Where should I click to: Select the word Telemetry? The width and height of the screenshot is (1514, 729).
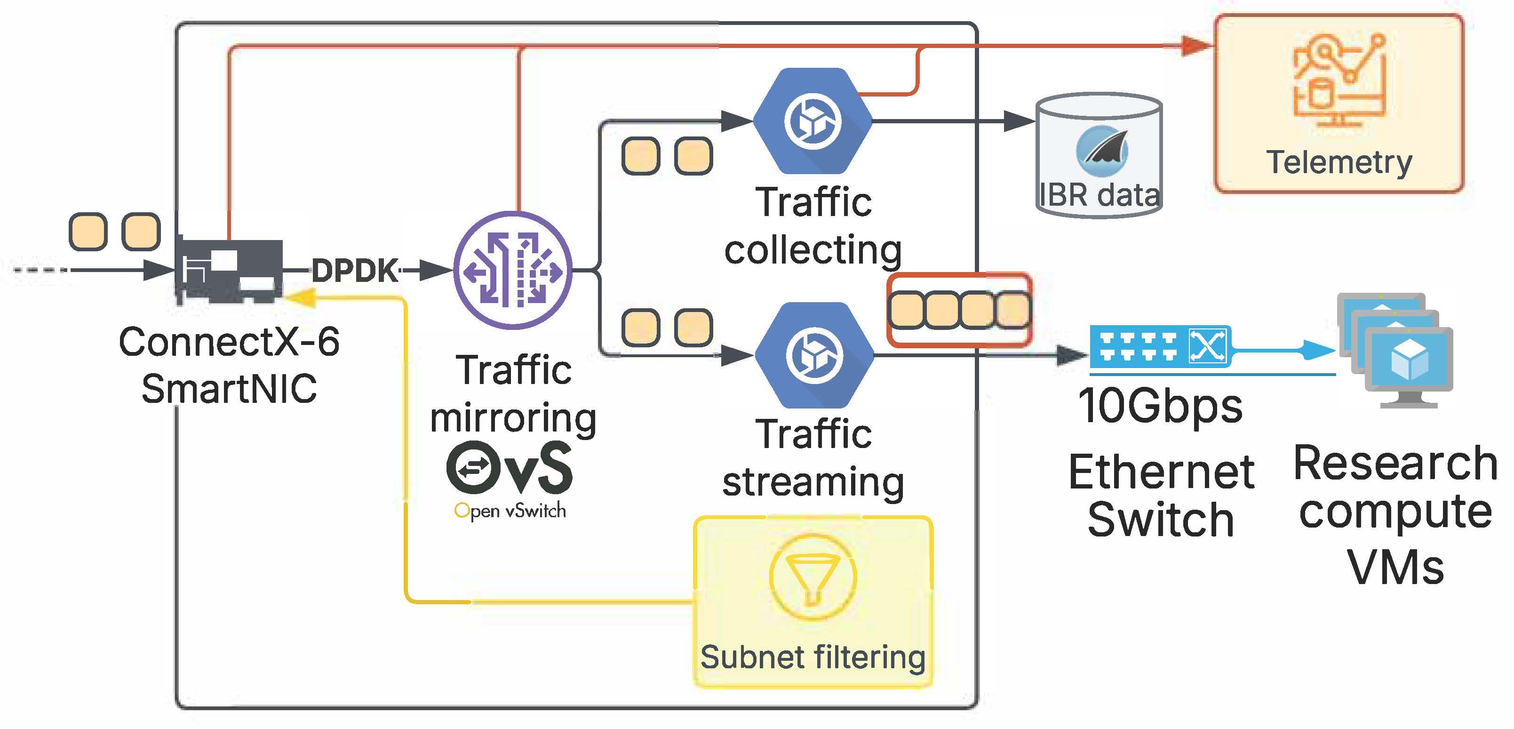[x=1339, y=162]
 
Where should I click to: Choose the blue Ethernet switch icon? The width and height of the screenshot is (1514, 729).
[x=1160, y=346]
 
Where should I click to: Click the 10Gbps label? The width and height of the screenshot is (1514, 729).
[x=1160, y=406]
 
